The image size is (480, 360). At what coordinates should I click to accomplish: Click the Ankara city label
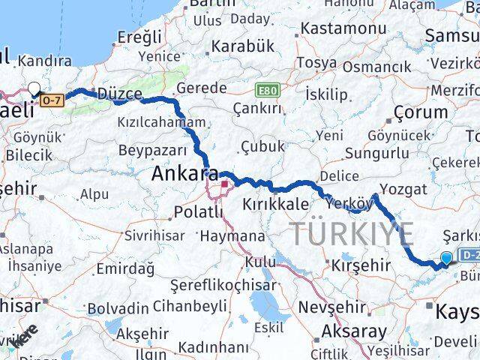coord(180,174)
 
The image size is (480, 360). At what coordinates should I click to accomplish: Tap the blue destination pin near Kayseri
coord(447,258)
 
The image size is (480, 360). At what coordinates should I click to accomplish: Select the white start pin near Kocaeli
coord(34,89)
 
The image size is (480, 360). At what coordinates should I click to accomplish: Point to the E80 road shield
coord(266,89)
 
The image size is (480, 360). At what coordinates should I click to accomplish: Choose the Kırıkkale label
coord(275,204)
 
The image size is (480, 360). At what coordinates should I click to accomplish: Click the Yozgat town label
coord(403,188)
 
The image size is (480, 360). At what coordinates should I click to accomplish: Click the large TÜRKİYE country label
coord(351,234)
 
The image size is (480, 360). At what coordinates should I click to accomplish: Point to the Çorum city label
coord(421,112)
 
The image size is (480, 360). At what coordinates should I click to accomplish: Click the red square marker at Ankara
coord(223,183)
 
